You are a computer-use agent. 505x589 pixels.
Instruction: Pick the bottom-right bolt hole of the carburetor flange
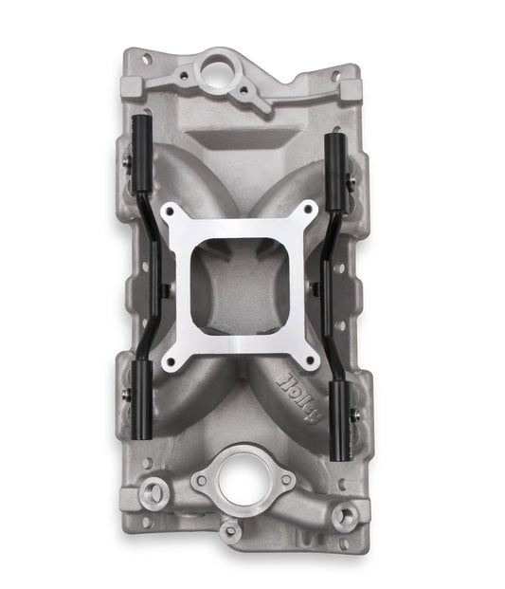[310, 358]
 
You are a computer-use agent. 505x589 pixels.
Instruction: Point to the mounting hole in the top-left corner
[148, 60]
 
